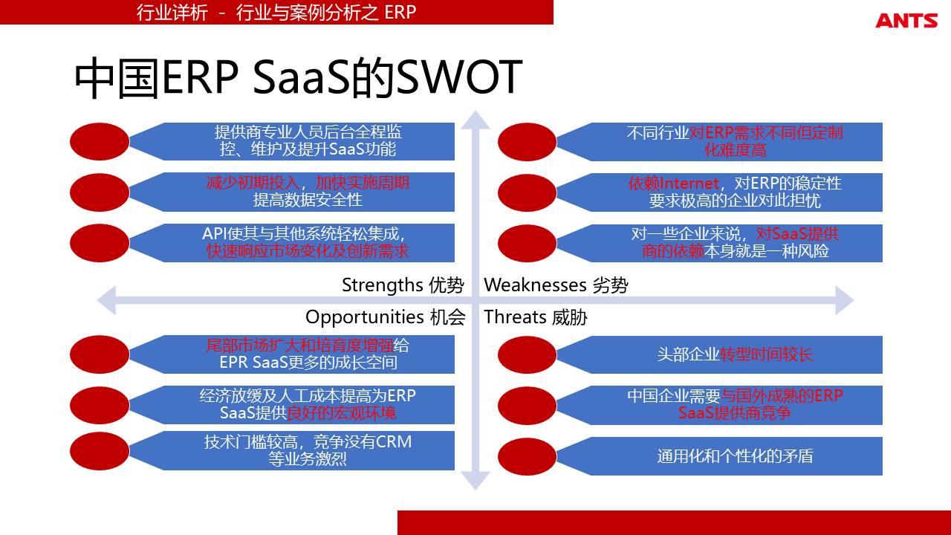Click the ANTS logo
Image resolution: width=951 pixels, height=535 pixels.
pyautogui.click(x=906, y=20)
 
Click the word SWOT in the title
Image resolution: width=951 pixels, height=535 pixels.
pyautogui.click(x=459, y=77)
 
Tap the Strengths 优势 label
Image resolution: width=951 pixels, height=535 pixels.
pyautogui.click(x=403, y=285)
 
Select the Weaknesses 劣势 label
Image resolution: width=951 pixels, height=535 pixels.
pyautogui.click(x=556, y=285)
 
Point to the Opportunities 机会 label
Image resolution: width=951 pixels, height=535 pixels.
pyautogui.click(x=385, y=317)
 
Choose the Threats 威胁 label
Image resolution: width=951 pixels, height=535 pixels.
pyautogui.click(x=536, y=317)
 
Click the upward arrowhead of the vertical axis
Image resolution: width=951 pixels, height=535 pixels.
pyautogui.click(x=475, y=120)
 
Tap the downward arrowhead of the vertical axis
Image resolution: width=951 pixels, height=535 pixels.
pyautogui.click(x=475, y=481)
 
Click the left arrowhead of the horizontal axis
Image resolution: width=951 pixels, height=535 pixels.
pyautogui.click(x=106, y=300)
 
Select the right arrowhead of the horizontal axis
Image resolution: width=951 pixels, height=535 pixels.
pyautogui.click(x=845, y=300)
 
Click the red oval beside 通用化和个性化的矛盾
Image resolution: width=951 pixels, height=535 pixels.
pyautogui.click(x=527, y=456)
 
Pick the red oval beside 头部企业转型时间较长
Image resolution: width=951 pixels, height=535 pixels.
pyautogui.click(x=527, y=354)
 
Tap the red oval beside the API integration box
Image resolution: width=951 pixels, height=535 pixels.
pyautogui.click(x=100, y=243)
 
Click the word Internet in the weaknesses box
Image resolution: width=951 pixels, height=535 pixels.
pyautogui.click(x=689, y=184)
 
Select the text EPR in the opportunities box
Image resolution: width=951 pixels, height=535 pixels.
pyautogui.click(x=233, y=363)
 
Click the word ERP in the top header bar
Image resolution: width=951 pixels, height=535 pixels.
pyautogui.click(x=400, y=13)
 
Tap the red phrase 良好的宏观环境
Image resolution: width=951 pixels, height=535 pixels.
pyautogui.click(x=341, y=413)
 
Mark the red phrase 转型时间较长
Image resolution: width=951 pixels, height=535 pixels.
pyautogui.click(x=766, y=354)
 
